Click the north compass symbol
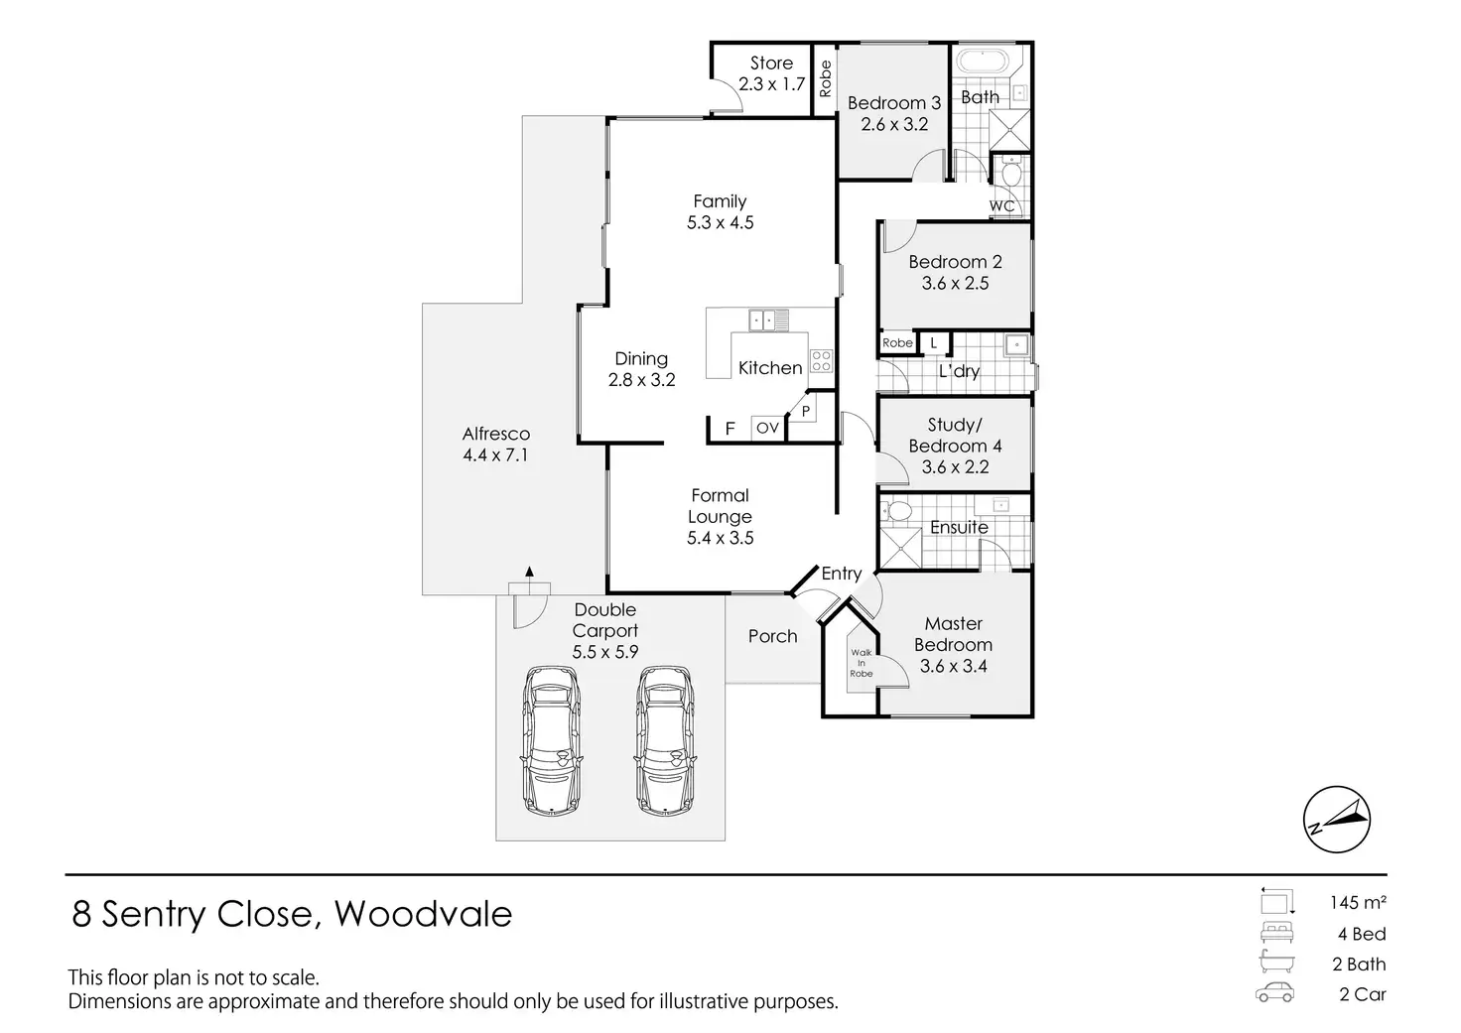coord(1336,819)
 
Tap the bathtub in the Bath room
coord(984,62)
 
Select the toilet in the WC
coord(1011,173)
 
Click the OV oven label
coord(767,428)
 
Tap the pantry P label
coord(806,412)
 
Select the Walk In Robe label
coord(861,663)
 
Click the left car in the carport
coord(552,740)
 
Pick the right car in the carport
coord(665,740)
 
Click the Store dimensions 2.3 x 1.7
coord(771,84)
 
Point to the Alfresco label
coord(495,434)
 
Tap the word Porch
coord(772,636)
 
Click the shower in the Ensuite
coord(901,548)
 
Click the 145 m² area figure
coord(1358,903)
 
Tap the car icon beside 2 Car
coord(1274,992)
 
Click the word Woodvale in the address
coord(423,914)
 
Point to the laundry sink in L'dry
coord(1016,345)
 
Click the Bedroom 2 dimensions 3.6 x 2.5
coord(955,283)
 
